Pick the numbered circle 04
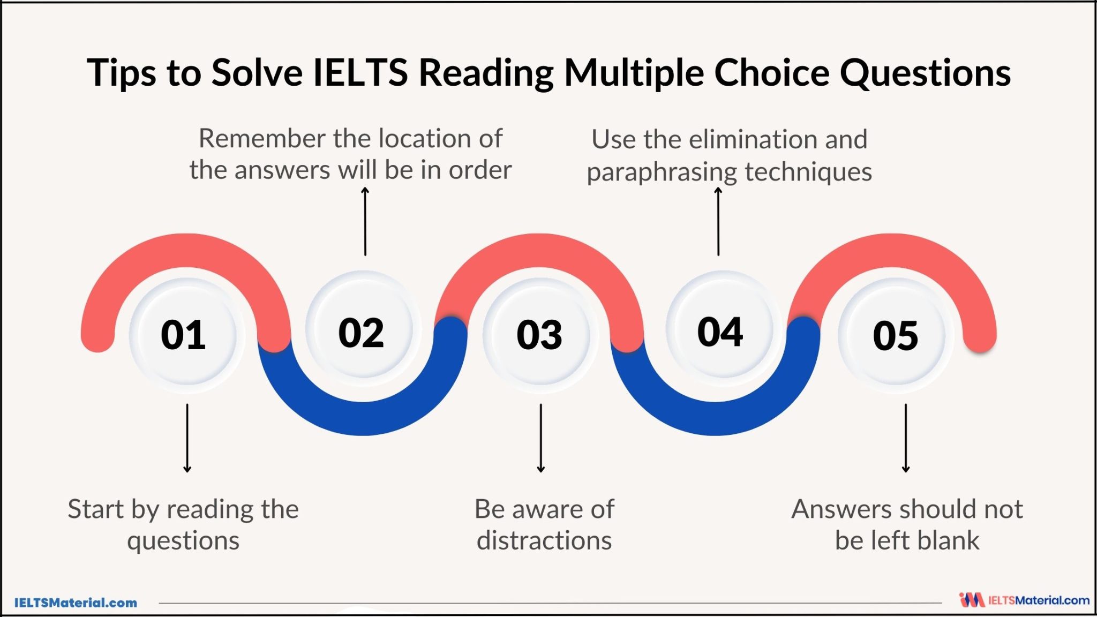720,331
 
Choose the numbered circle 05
896,335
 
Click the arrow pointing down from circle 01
187,438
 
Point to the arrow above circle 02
365,221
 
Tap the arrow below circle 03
541,438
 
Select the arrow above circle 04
718,221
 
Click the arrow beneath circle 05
906,438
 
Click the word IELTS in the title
360,72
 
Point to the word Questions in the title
925,72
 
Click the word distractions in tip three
544,540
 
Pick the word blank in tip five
949,540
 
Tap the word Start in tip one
96,509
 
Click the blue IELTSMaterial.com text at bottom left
76,603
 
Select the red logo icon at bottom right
972,600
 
